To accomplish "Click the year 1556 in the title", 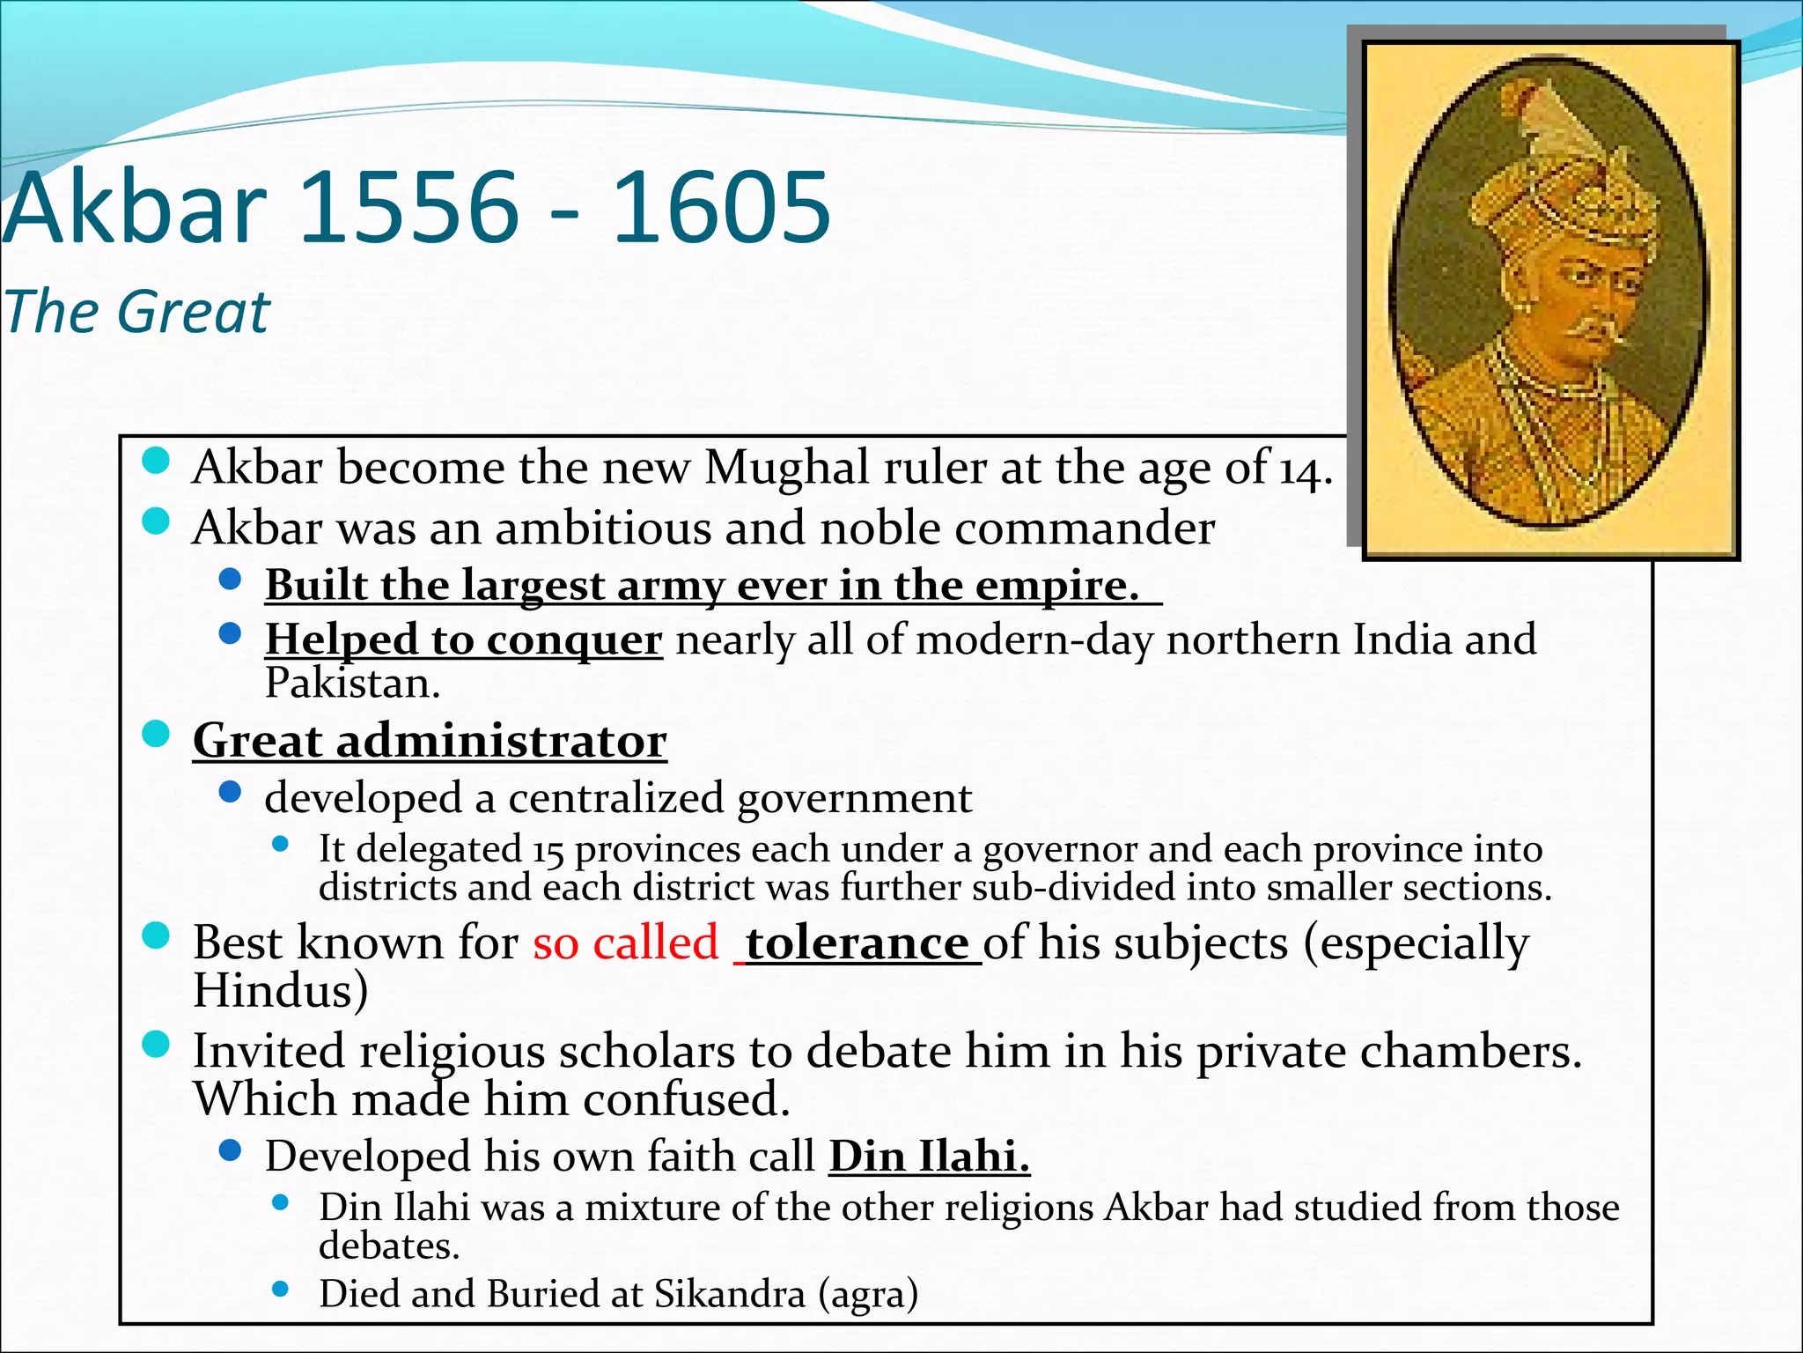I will [x=409, y=208].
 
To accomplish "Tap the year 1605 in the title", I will [x=720, y=208].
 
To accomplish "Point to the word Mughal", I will [x=787, y=467].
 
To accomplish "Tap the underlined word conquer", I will [x=573, y=640].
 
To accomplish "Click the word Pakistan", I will [x=351, y=683].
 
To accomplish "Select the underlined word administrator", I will [x=501, y=741].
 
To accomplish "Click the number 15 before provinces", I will [x=548, y=850].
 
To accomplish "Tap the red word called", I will [x=656, y=943].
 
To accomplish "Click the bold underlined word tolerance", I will [x=857, y=943].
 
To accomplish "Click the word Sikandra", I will [x=729, y=1294].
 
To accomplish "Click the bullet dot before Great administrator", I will [x=156, y=734].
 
